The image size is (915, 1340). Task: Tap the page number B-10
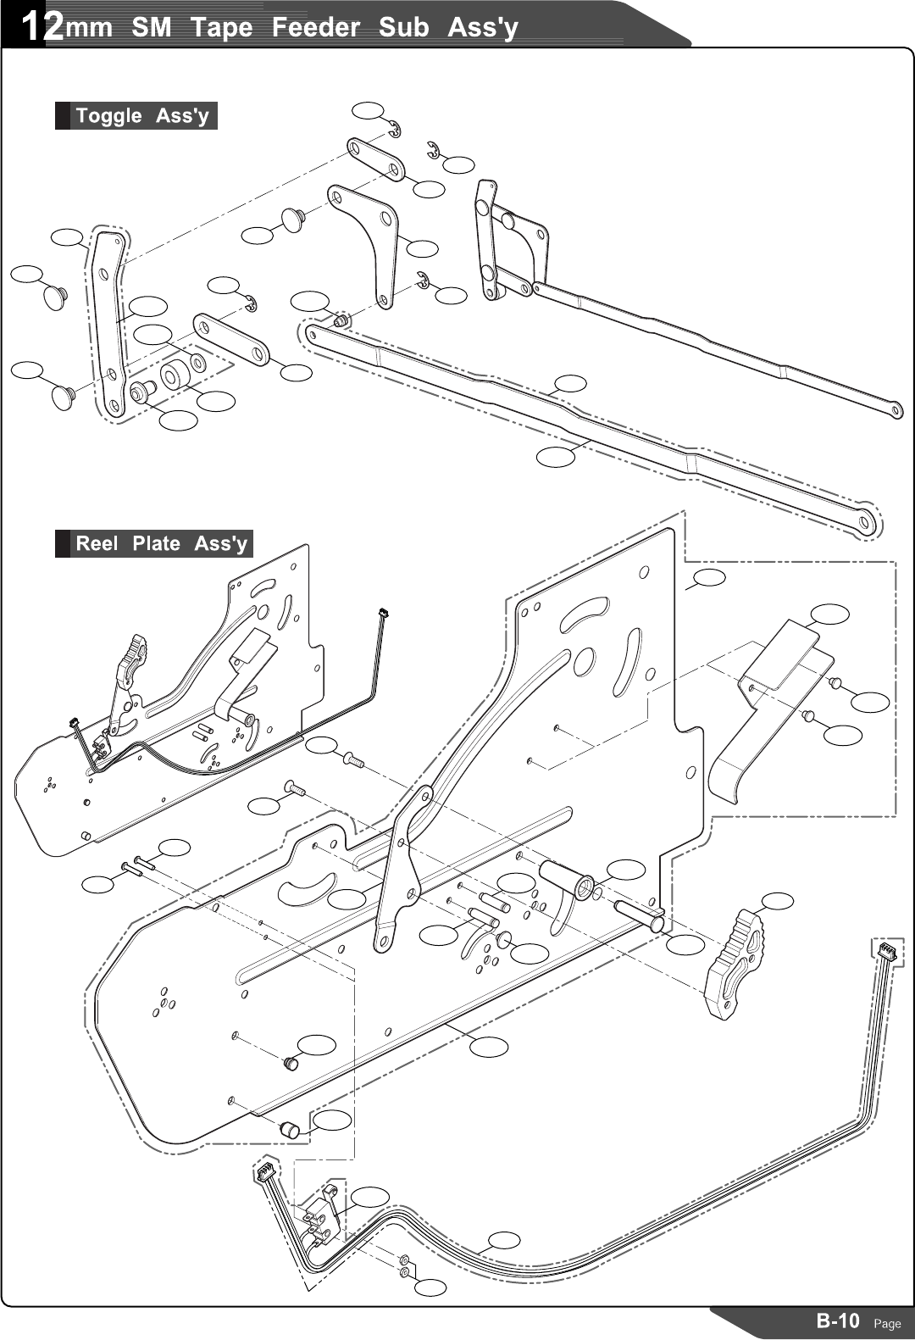[x=837, y=1321]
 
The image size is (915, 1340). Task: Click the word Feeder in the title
[x=315, y=27]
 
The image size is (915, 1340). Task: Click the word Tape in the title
[x=221, y=27]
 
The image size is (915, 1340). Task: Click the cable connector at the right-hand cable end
[x=885, y=951]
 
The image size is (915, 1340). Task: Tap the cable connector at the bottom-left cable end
[x=264, y=1174]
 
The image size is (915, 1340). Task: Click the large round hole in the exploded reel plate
[x=584, y=662]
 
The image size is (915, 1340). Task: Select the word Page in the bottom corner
[x=887, y=1324]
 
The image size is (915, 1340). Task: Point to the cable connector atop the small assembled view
[x=384, y=612]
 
